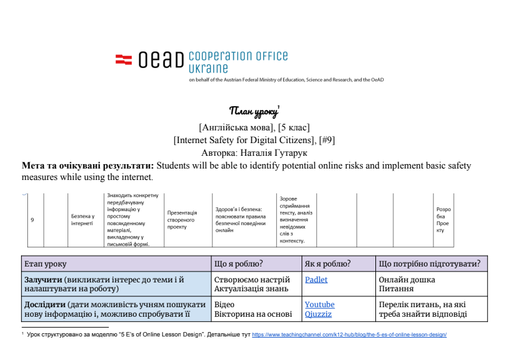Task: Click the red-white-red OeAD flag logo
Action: tap(123, 60)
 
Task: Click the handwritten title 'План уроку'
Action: tap(254, 112)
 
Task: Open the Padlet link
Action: tap(316, 280)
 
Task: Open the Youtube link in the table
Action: tap(319, 305)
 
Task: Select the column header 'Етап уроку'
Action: tap(45, 263)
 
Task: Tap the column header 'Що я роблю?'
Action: tap(239, 263)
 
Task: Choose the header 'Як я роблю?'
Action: tap(328, 263)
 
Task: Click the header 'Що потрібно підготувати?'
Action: tap(429, 263)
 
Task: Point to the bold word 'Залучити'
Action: tap(43, 280)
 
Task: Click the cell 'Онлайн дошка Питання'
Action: tap(407, 284)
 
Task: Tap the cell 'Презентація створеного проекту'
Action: tap(182, 219)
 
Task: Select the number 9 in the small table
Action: tap(32, 219)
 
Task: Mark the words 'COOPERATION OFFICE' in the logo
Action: tap(239, 56)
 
